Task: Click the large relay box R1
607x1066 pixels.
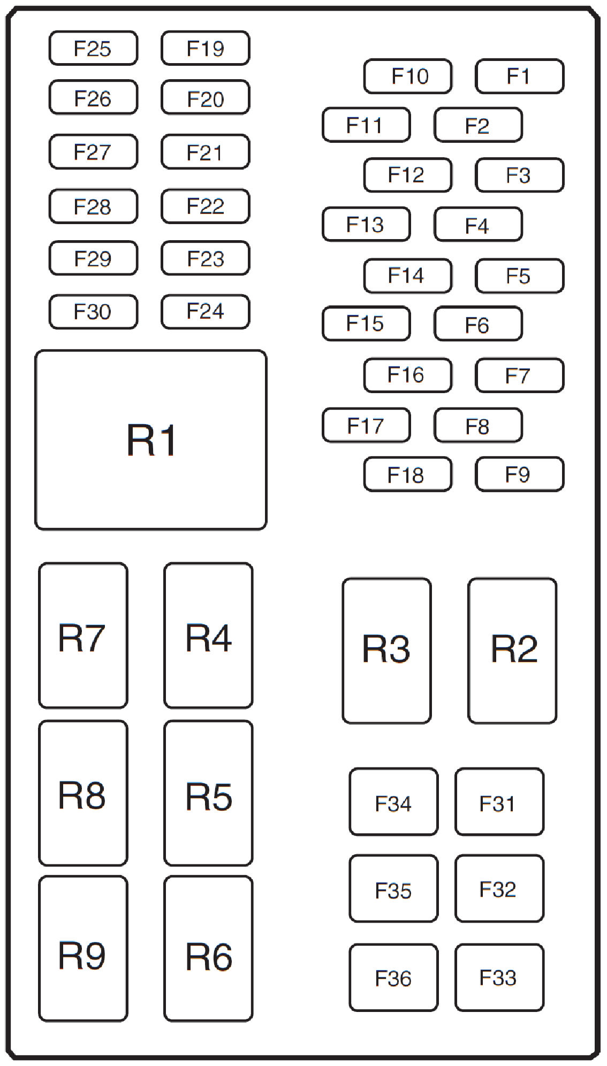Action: coord(150,440)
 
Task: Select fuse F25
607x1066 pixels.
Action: coord(93,48)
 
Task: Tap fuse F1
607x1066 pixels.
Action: coord(519,76)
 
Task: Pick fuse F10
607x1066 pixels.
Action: coord(408,76)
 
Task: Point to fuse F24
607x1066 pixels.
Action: coord(205,311)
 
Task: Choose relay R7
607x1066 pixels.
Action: coord(83,635)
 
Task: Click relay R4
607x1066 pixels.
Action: coord(208,635)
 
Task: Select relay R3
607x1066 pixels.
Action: coord(386,650)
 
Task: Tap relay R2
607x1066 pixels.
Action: coord(512,650)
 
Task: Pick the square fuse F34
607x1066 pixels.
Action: coord(393,801)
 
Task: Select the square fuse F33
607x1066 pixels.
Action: coord(499,977)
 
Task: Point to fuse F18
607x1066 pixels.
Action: coord(408,474)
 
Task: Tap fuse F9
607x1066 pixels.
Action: coord(519,474)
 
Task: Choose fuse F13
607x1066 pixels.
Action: coord(366,224)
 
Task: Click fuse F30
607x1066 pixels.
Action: coord(93,311)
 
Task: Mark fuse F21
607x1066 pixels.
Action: coord(205,152)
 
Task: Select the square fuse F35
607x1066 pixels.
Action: coord(393,888)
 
